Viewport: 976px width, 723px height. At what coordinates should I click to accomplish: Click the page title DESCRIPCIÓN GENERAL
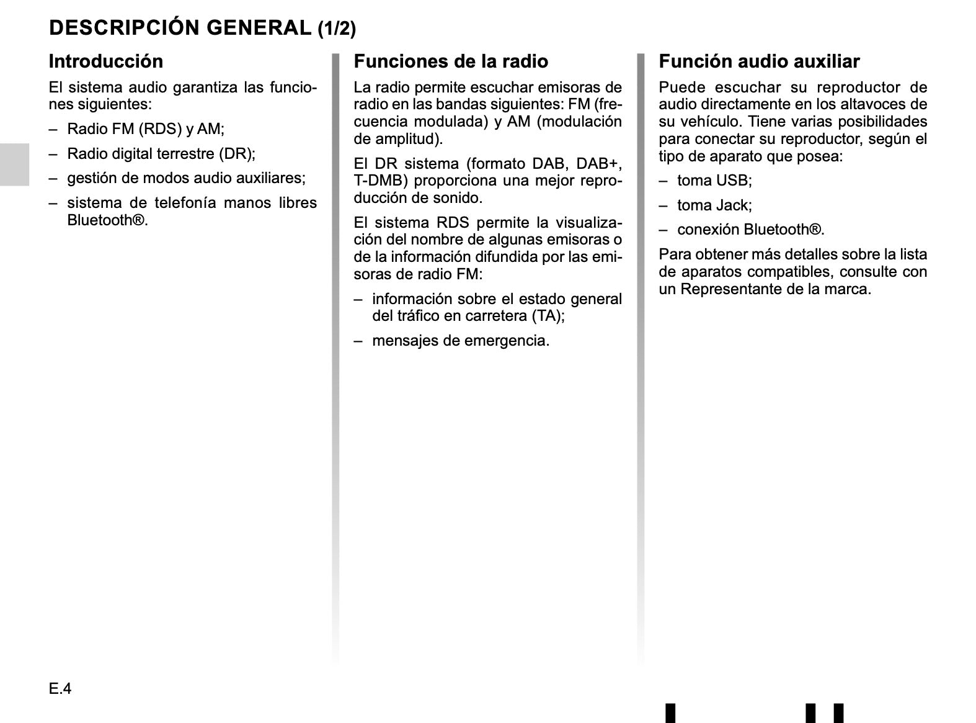[x=180, y=28]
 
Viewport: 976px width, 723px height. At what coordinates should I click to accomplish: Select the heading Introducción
[x=106, y=61]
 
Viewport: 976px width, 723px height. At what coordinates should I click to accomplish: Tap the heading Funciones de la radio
[x=451, y=61]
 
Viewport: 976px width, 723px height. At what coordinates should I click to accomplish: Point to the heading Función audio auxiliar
[x=759, y=61]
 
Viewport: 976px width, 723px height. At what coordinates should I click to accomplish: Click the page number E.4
[x=60, y=689]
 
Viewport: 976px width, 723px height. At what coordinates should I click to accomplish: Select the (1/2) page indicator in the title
[x=337, y=29]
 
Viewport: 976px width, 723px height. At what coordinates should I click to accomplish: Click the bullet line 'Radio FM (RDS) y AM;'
[x=146, y=129]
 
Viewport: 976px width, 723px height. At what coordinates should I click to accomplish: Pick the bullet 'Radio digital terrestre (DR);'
[x=161, y=154]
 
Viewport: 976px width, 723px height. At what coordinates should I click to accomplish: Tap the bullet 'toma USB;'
[x=714, y=181]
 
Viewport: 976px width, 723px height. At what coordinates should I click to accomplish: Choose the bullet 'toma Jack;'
[x=714, y=205]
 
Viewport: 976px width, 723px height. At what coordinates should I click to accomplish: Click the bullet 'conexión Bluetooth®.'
[x=750, y=230]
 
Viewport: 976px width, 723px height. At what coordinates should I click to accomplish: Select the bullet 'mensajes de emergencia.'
[x=461, y=341]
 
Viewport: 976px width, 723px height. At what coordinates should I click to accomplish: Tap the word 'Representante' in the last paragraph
[x=729, y=289]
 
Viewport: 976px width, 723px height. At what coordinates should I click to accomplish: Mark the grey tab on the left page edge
[x=14, y=164]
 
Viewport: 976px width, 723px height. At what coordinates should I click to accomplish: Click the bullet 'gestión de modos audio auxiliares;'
[x=186, y=179]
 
